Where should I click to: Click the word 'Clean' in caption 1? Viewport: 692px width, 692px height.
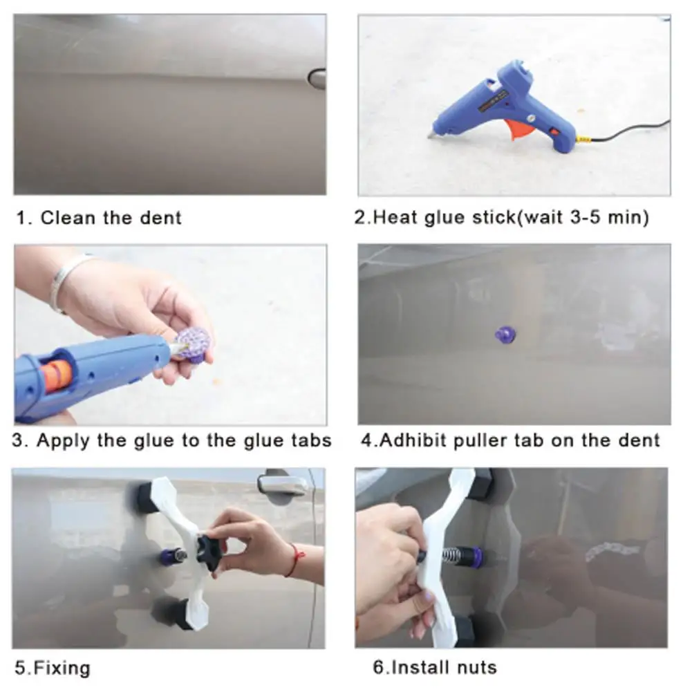pos(68,218)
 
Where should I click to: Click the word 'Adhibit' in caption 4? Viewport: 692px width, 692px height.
pos(413,440)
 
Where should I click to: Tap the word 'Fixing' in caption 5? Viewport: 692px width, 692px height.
pos(62,667)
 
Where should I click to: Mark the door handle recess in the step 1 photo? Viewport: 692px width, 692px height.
pos(317,79)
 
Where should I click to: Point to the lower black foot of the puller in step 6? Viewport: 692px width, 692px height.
pos(465,630)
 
